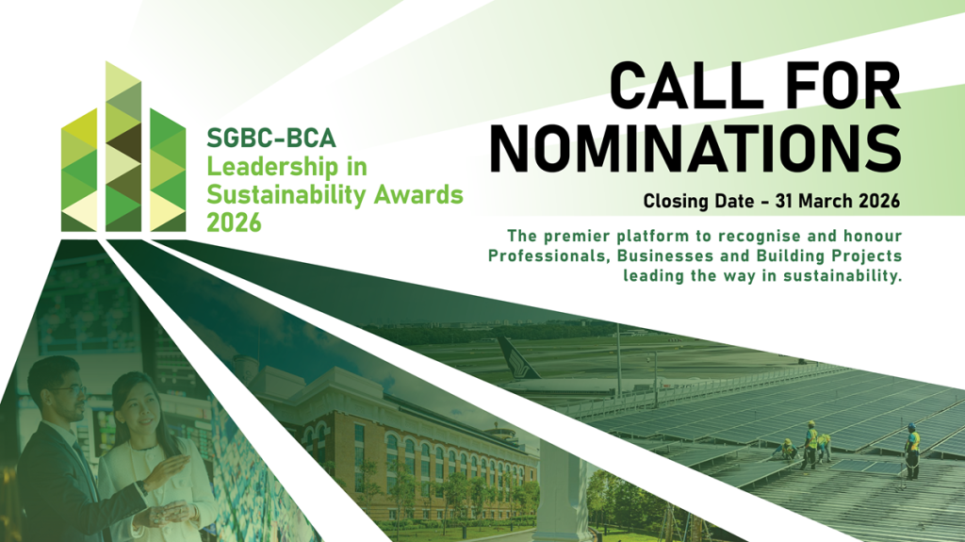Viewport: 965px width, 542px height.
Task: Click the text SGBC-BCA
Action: pyautogui.click(x=271, y=138)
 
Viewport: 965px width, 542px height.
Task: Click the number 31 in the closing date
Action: pyautogui.click(x=785, y=201)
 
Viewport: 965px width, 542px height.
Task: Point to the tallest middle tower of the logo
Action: pyautogui.click(x=123, y=147)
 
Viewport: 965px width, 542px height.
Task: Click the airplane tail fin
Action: pyautogui.click(x=516, y=357)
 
